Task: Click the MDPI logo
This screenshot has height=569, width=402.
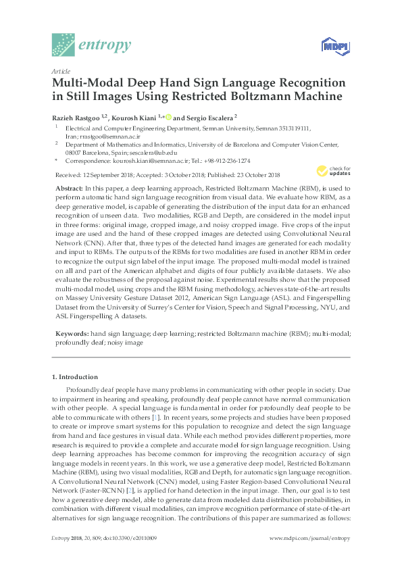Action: coord(330,45)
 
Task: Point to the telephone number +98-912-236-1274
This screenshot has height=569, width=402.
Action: coord(228,161)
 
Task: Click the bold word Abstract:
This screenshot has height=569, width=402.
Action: coord(69,187)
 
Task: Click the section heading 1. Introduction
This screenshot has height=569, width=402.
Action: coord(75,376)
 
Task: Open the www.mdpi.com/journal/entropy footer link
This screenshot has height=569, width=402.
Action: coord(309,557)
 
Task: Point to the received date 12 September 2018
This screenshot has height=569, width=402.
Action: coord(108,174)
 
